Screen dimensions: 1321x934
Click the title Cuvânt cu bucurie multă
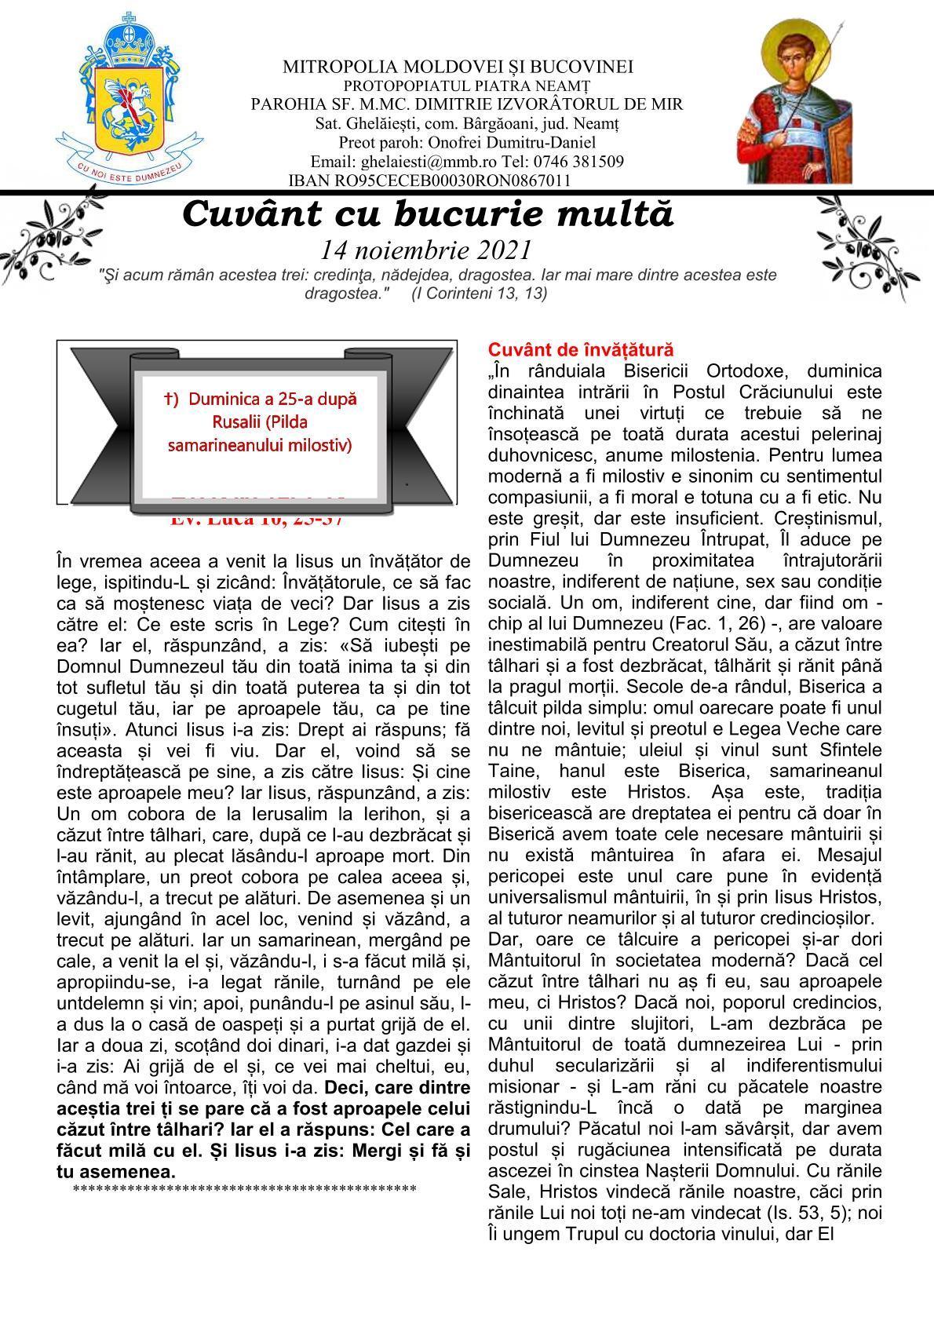[x=428, y=214]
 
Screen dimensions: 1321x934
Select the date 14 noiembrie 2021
[x=425, y=250]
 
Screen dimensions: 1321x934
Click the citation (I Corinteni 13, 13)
[x=479, y=294]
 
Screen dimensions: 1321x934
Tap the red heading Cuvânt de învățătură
[x=581, y=349]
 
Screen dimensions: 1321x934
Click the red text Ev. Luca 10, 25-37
[x=257, y=518]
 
